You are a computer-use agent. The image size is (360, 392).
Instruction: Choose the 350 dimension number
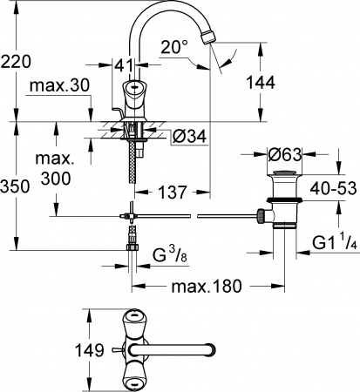tap(16, 186)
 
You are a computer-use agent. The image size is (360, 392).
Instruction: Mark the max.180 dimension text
tap(205, 285)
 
